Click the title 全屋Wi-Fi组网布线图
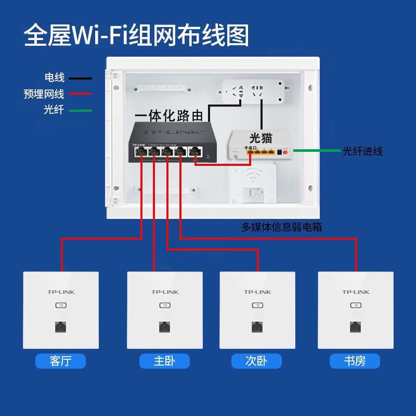(x=136, y=35)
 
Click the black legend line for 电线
(x=79, y=79)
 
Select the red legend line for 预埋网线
(x=79, y=94)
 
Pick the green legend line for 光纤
(x=79, y=110)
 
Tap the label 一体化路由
(x=169, y=115)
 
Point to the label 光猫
(x=261, y=138)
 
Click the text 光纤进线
(x=362, y=151)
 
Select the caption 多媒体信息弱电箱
(x=281, y=227)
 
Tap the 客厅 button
(x=60, y=361)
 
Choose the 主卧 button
(x=164, y=361)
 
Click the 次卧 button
(x=256, y=361)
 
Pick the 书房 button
(x=355, y=361)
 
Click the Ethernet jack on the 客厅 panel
(x=61, y=328)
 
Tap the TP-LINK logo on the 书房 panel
(x=356, y=292)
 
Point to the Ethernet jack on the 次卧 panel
(x=257, y=328)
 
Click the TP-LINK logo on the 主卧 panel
(x=165, y=292)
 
